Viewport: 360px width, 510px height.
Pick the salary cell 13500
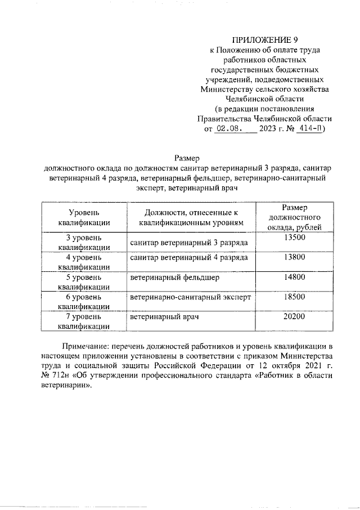(295, 238)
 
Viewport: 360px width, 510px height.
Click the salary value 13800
(295, 257)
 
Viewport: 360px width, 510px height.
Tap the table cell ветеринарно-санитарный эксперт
(190, 297)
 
